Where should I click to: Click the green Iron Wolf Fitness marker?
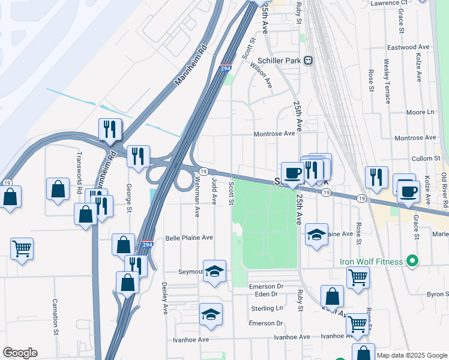411,261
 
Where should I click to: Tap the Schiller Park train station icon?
309,61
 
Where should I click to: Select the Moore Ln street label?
420,112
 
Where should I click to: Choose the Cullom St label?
427,158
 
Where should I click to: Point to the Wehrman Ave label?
196,200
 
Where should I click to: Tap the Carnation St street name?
55,317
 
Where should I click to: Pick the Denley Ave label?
164,299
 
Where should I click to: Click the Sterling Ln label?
267,308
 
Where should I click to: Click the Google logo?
20,353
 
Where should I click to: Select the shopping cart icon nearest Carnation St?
22,248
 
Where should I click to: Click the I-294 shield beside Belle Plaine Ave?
148,245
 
